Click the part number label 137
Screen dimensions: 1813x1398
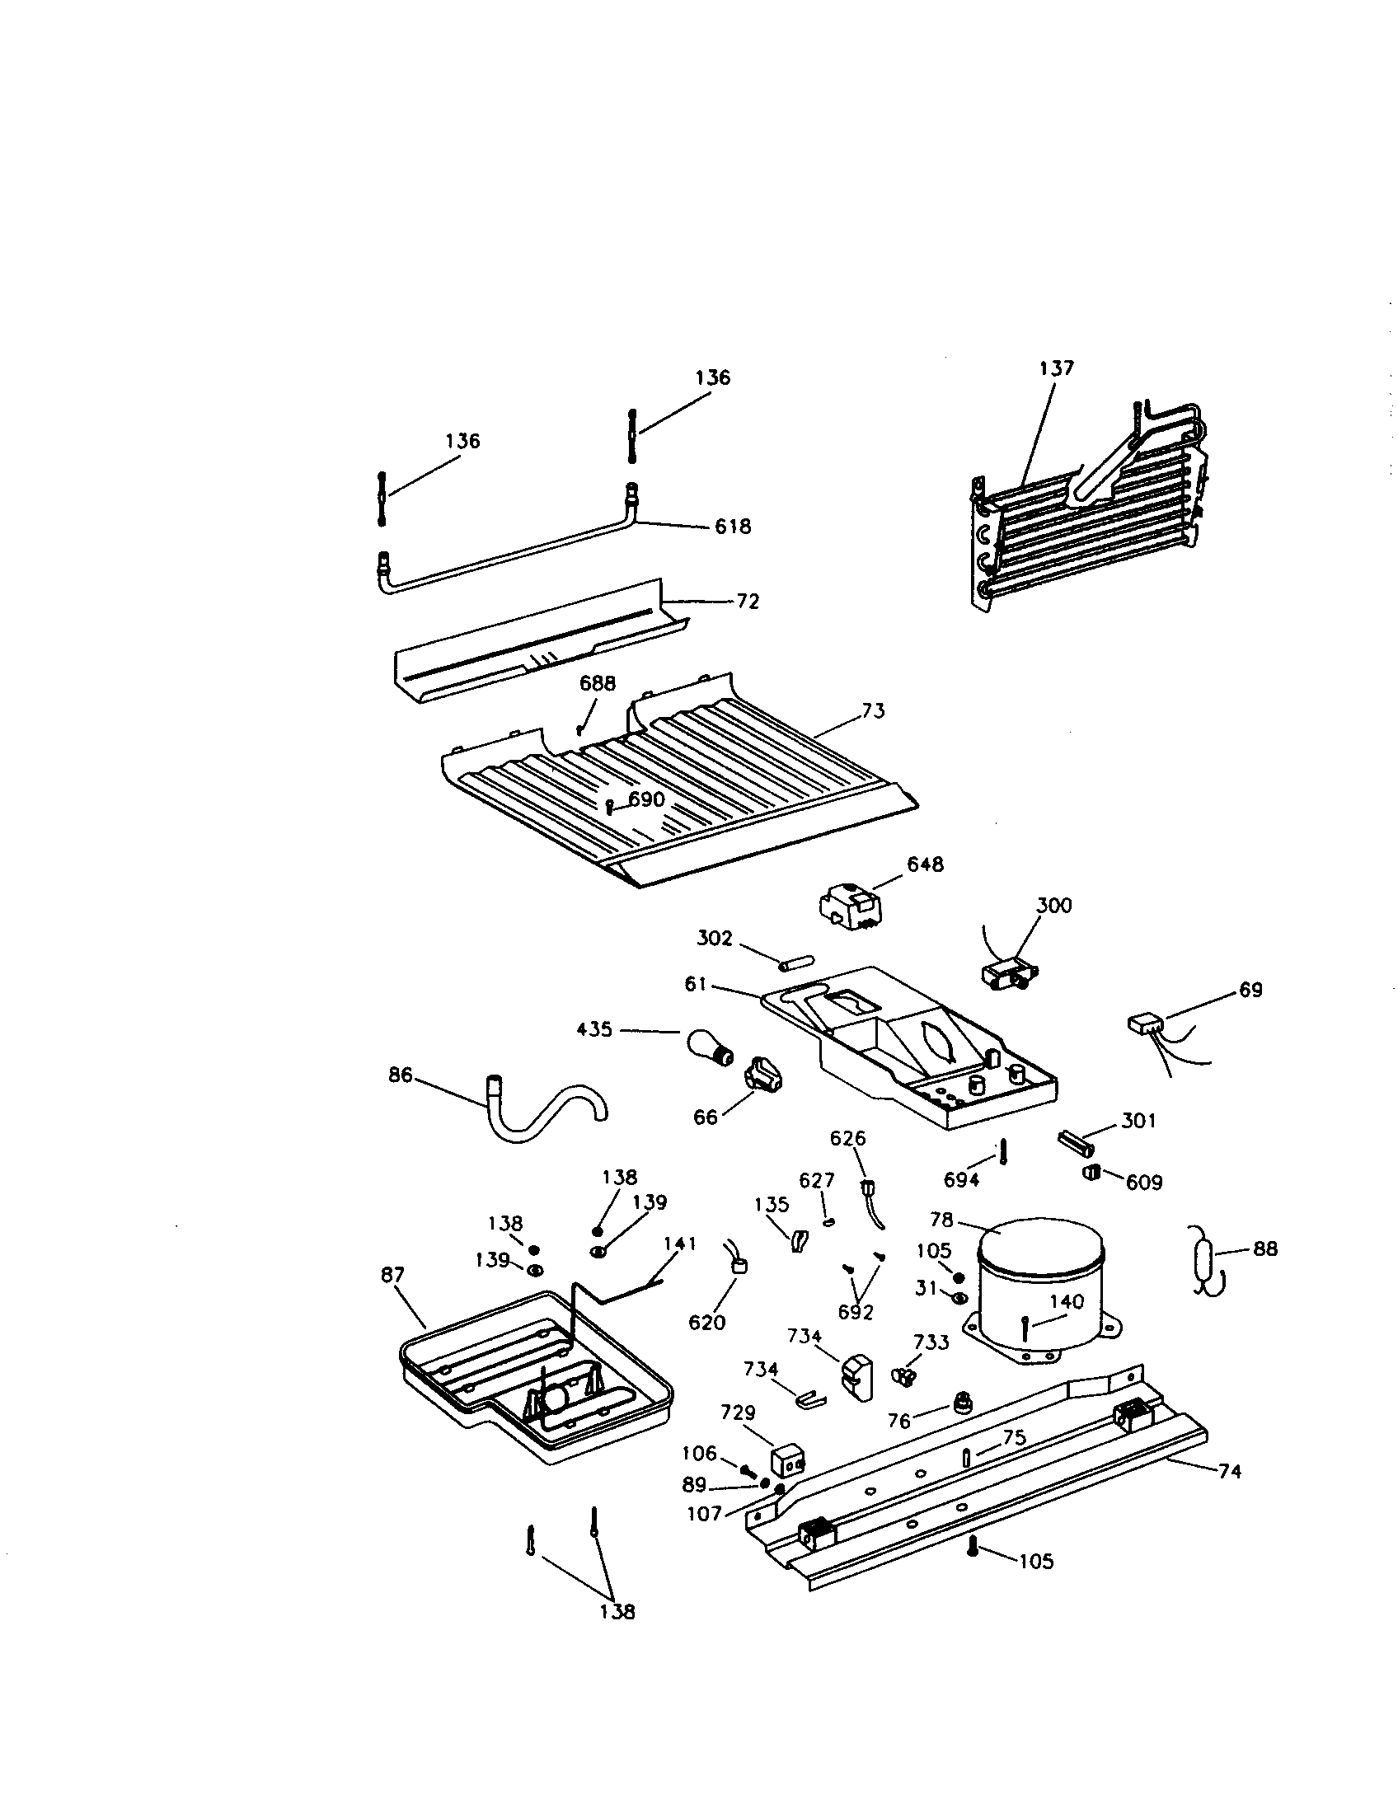click(x=1056, y=368)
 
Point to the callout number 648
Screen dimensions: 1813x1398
click(x=925, y=864)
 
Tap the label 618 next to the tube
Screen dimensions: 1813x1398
click(x=733, y=527)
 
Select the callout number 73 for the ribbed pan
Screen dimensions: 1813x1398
click(x=872, y=710)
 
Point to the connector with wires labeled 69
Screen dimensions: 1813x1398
click(x=1147, y=1025)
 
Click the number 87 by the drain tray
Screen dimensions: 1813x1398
click(x=392, y=1275)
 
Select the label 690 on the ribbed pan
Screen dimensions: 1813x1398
click(x=646, y=799)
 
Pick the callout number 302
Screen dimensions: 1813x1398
click(x=715, y=938)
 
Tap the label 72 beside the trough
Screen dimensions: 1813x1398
click(x=747, y=602)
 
